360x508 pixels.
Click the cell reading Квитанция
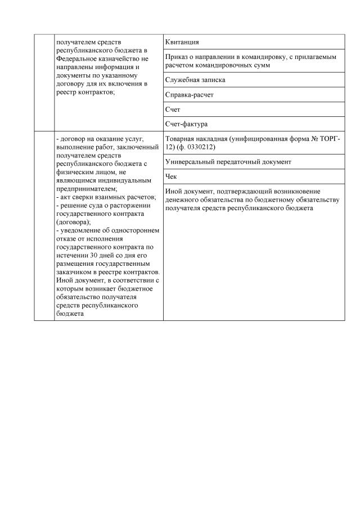tap(254, 42)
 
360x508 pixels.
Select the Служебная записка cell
tap(254, 80)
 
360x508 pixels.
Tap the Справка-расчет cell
tap(254, 95)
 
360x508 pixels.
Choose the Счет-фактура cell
tap(254, 124)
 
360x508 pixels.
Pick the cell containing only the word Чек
tap(254, 176)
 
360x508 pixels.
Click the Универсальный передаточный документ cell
tap(254, 162)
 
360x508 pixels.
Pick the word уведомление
tap(79, 230)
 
